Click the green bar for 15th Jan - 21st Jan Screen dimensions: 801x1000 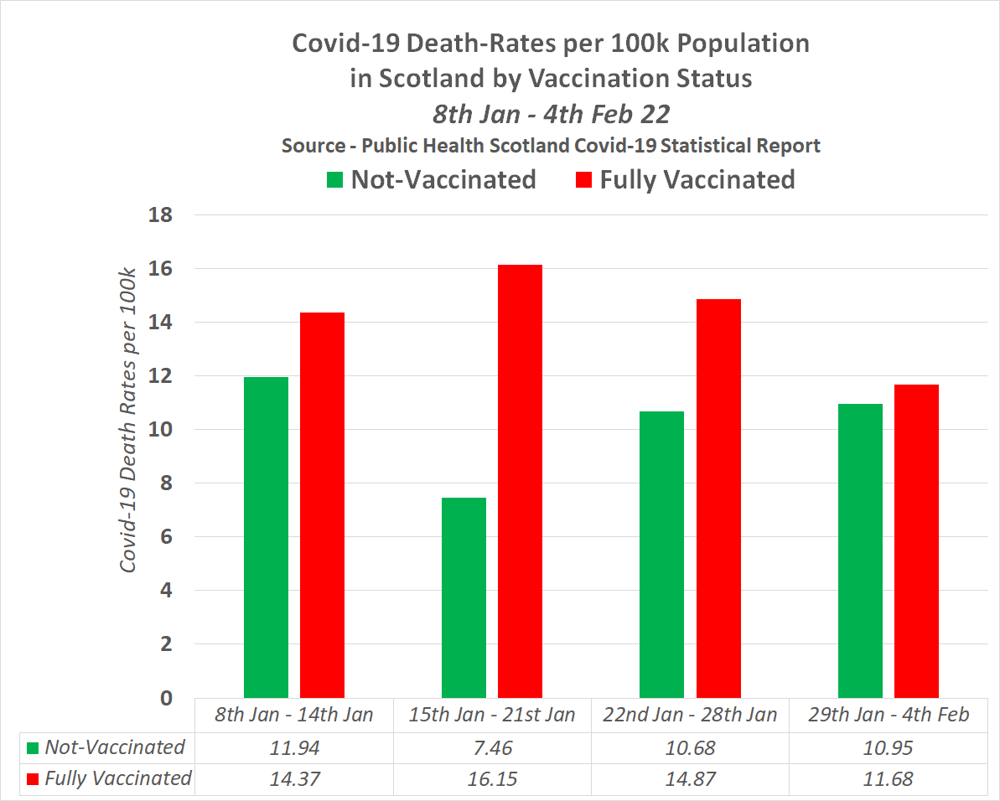tap(464, 597)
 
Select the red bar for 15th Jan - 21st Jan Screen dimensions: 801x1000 tap(520, 481)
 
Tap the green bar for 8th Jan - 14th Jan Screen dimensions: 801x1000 tap(266, 537)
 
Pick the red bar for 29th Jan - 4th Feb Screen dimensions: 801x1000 tap(916, 540)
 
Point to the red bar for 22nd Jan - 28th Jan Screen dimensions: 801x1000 tap(718, 498)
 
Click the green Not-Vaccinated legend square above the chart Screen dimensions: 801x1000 tap(335, 180)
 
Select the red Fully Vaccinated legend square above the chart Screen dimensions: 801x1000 tap(583, 180)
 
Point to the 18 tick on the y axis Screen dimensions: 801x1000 tap(159, 215)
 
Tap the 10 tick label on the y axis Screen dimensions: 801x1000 tap(159, 430)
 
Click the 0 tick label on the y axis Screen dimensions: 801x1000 tap(165, 698)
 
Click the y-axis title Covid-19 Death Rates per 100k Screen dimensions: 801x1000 tap(128, 421)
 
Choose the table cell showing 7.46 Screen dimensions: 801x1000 tap(492, 747)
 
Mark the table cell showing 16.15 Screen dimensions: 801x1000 tap(492, 778)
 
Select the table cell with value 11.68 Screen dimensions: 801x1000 tap(889, 778)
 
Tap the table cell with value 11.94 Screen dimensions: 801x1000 tap(294, 747)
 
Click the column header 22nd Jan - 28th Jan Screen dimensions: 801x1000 tap(690, 715)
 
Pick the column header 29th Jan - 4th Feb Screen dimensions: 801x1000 tap(889, 715)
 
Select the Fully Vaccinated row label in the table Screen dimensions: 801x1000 tap(117, 778)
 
